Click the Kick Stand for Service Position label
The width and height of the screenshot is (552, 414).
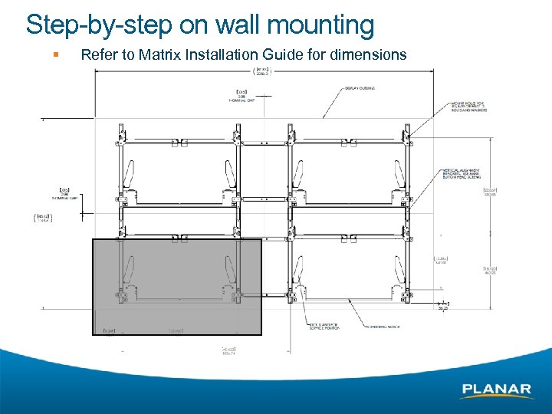point(325,327)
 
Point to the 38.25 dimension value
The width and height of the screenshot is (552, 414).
point(443,307)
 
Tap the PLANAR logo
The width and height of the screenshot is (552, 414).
point(497,390)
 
